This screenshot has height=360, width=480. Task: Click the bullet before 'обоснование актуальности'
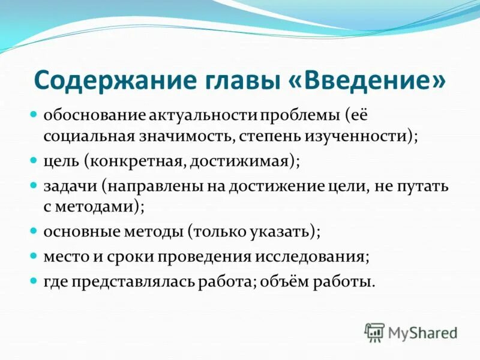coord(35,113)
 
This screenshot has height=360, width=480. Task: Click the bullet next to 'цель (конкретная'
coord(35,161)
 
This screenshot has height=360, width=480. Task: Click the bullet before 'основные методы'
coord(35,230)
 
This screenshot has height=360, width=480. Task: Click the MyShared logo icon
coord(374,331)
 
